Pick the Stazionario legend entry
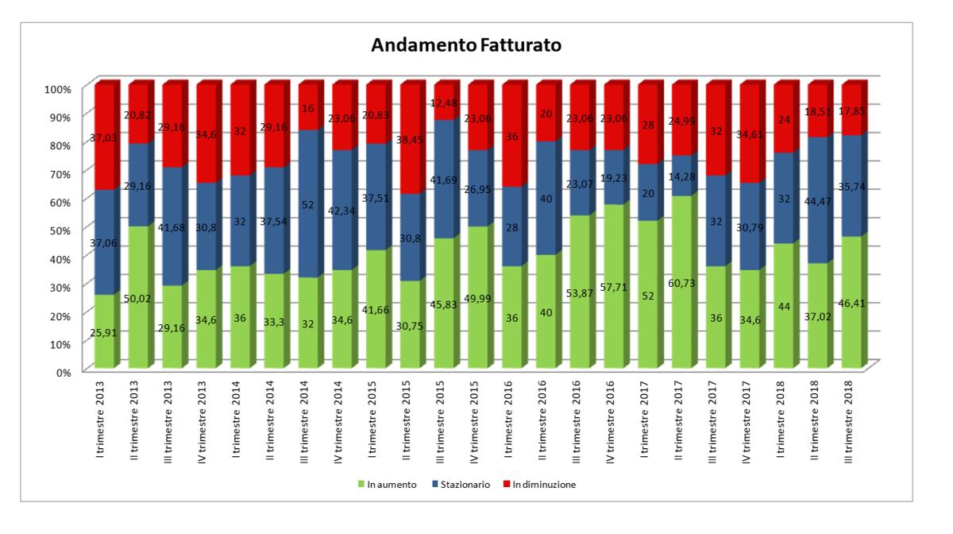pos(464,485)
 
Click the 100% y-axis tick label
pos(59,87)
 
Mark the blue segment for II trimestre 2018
pos(819,199)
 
